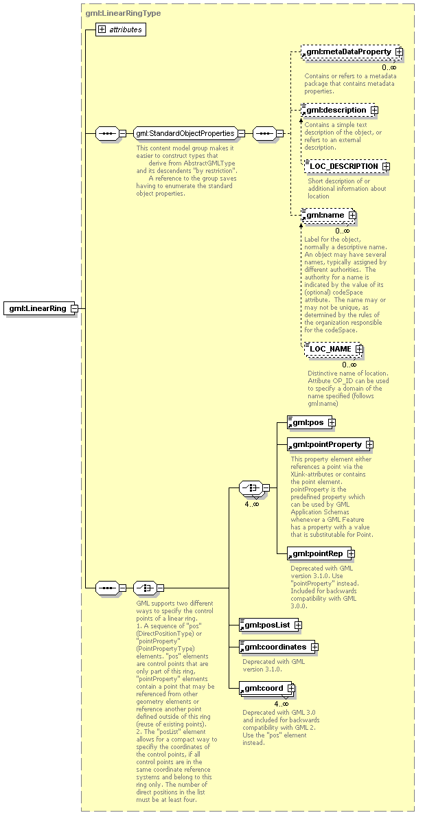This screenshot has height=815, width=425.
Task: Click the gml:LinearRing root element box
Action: pos(38,308)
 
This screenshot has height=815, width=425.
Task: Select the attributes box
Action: pos(121,30)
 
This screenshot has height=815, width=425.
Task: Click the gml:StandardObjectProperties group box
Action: pos(185,133)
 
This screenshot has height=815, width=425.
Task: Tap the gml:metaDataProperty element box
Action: pos(348,51)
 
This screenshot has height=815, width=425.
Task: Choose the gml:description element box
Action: pos(336,110)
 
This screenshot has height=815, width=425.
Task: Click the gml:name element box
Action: pos(325,215)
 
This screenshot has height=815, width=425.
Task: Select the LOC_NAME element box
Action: pos(330,349)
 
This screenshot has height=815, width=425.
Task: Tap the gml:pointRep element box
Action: pos(317,553)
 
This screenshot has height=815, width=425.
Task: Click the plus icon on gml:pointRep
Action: pos(351,553)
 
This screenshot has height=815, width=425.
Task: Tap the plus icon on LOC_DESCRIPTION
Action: pos(386,166)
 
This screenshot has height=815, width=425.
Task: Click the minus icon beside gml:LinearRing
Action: pos(74,308)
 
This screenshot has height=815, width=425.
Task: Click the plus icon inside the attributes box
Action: pos(102,30)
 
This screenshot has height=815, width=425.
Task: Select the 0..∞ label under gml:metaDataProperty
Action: pos(389,67)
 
